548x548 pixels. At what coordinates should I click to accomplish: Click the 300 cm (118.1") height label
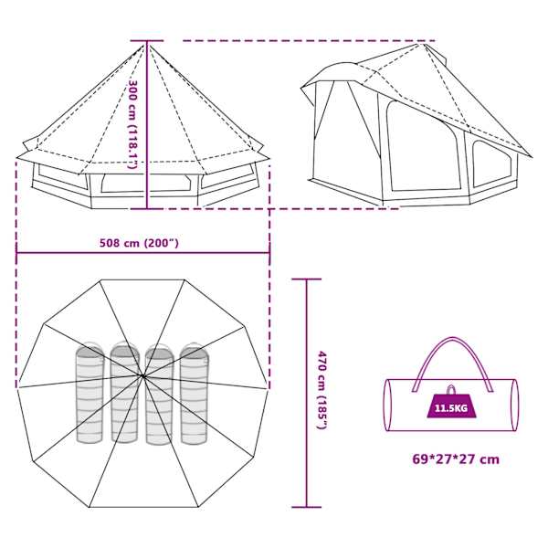pos(133,125)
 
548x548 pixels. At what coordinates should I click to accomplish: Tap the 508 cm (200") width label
pos(139,243)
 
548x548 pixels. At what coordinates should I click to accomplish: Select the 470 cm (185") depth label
pos(321,390)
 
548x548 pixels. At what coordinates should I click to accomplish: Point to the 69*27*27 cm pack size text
pos(456,458)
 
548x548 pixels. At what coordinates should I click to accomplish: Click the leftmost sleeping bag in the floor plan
pos(90,393)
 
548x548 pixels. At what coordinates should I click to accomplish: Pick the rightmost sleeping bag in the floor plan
pos(194,393)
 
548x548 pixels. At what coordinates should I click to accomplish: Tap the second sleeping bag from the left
pos(125,392)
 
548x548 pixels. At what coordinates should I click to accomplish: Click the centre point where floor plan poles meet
pos(142,376)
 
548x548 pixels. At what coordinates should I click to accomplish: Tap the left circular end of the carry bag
pos(388,405)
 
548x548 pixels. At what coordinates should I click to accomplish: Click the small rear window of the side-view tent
pos(492,163)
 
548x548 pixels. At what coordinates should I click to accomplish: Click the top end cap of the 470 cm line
pos(307,279)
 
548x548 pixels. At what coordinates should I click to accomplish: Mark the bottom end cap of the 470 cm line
pos(307,507)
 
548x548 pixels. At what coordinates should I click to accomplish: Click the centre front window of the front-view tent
pos(147,183)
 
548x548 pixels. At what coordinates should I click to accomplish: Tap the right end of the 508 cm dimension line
pos(269,253)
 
